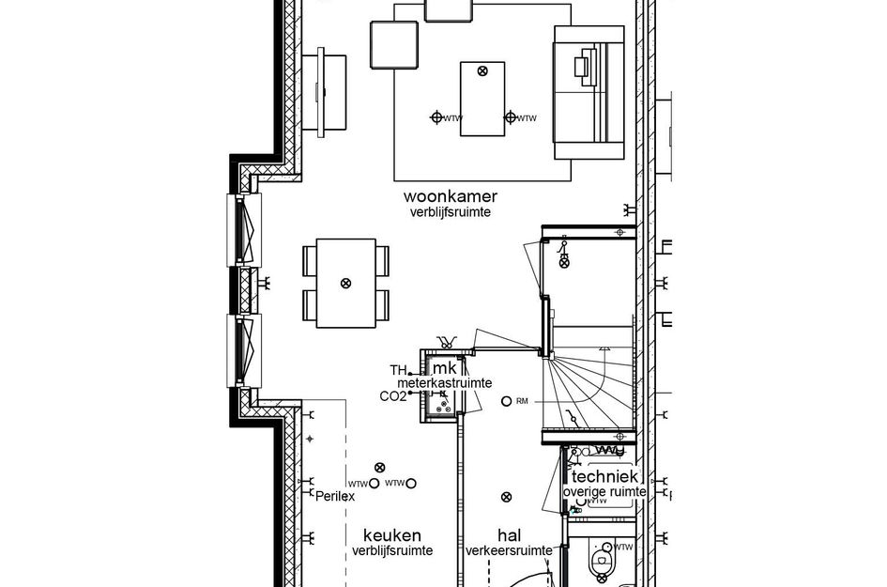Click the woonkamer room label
tap(450, 196)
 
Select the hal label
tap(510, 534)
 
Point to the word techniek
tap(605, 476)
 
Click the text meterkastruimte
tap(444, 383)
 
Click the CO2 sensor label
tap(392, 396)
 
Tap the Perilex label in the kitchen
tap(335, 496)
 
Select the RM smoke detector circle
tap(507, 401)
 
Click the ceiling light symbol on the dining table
tap(344, 283)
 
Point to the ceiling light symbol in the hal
tap(507, 497)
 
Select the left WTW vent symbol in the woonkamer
tap(436, 117)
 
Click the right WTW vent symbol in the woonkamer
tap(511, 117)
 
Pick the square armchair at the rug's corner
tap(393, 44)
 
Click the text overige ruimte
tap(604, 491)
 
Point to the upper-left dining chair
tap(311, 260)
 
